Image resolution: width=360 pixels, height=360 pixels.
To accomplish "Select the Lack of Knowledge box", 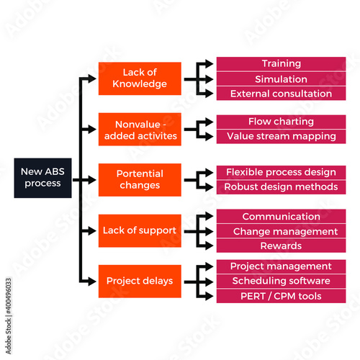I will pyautogui.click(x=140, y=78).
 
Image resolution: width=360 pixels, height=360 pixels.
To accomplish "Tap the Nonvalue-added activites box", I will pyautogui.click(x=140, y=129).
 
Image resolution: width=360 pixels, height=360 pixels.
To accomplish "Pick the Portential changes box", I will pyautogui.click(x=140, y=180).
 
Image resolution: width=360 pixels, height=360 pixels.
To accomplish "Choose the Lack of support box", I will pyautogui.click(x=140, y=230).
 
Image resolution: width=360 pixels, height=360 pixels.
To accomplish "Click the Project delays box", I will pyautogui.click(x=140, y=281).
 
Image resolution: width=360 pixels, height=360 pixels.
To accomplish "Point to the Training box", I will pyautogui.click(x=281, y=64).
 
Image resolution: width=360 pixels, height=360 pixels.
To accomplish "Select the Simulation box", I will pyautogui.click(x=281, y=79).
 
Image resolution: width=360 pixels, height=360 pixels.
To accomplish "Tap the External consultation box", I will pyautogui.click(x=281, y=94).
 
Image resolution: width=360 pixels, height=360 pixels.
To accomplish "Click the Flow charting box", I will pyautogui.click(x=281, y=122).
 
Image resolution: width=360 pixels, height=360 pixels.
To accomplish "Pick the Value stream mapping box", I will pyautogui.click(x=281, y=136).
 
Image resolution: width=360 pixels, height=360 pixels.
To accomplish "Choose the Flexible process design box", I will pyautogui.click(x=281, y=172).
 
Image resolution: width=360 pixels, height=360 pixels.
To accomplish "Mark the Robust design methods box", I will pyautogui.click(x=281, y=187).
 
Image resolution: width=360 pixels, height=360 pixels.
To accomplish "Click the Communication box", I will pyautogui.click(x=281, y=216).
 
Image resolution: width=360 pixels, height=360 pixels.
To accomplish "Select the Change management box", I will pyautogui.click(x=281, y=231).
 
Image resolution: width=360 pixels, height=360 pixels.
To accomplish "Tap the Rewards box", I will pyautogui.click(x=281, y=246).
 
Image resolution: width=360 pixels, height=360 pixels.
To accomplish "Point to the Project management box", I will pyautogui.click(x=281, y=266).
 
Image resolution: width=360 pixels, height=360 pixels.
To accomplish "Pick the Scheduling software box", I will pyautogui.click(x=281, y=281).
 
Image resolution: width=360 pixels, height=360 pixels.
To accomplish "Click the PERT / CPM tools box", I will pyautogui.click(x=281, y=296).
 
